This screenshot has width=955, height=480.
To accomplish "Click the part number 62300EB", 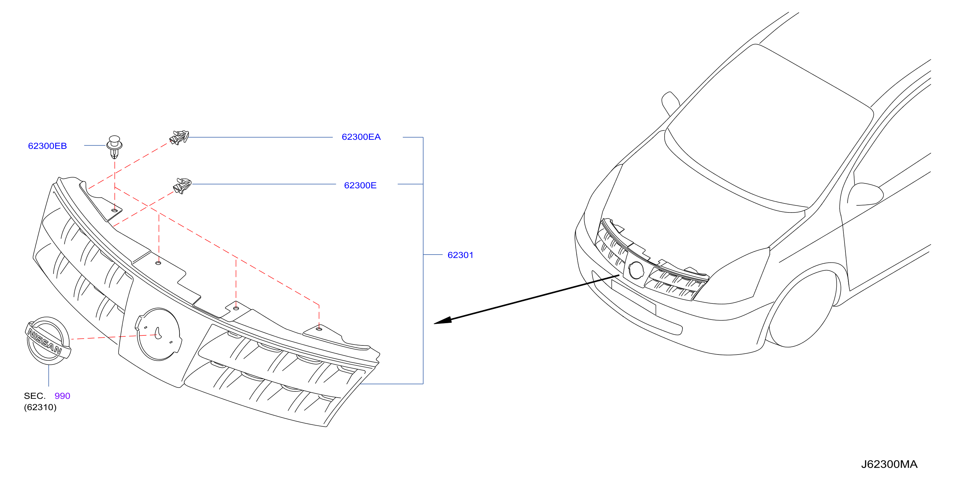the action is pyautogui.click(x=48, y=146).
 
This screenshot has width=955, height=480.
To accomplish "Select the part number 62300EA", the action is pyautogui.click(x=361, y=137).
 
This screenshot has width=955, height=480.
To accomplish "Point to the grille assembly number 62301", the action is pyautogui.click(x=460, y=255).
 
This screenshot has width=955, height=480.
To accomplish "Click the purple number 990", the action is pyautogui.click(x=62, y=396).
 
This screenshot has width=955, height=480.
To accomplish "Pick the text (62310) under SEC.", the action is pyautogui.click(x=40, y=407).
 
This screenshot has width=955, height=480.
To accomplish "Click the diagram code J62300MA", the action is pyautogui.click(x=889, y=464).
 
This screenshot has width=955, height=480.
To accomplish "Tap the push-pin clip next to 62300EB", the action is pyautogui.click(x=114, y=147).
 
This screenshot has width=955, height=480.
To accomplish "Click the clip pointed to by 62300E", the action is pyautogui.click(x=182, y=186).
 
